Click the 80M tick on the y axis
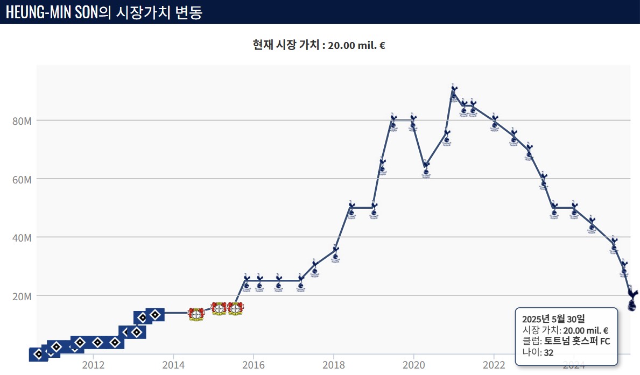click(22, 121)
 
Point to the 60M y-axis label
click(22, 179)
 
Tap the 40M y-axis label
click(22, 237)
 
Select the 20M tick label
click(22, 296)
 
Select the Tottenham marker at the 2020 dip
click(426, 169)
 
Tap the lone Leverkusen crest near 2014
click(196, 314)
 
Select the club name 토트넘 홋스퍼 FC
click(577, 341)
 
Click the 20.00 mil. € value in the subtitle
click(356, 45)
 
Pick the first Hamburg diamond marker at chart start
click(38, 354)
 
